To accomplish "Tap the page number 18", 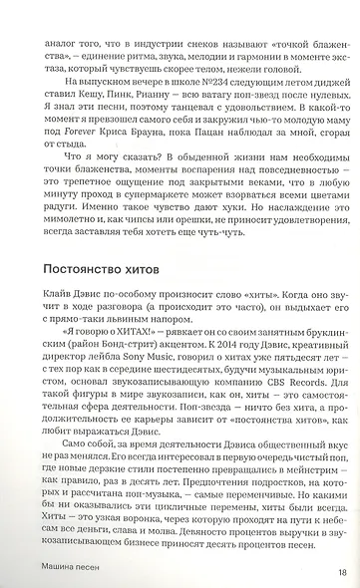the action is (x=342, y=572).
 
